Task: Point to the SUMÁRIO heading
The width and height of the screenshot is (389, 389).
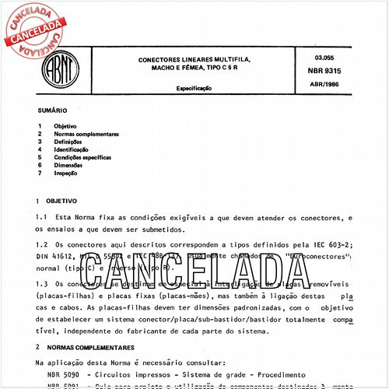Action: pyautogui.click(x=51, y=111)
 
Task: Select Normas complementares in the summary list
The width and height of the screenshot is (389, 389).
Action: pyautogui.click(x=86, y=134)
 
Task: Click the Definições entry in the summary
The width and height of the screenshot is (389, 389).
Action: pyautogui.click(x=67, y=142)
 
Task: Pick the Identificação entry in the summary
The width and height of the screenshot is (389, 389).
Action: pyautogui.click(x=71, y=149)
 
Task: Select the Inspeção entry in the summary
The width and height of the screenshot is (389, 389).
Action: pyautogui.click(x=66, y=173)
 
